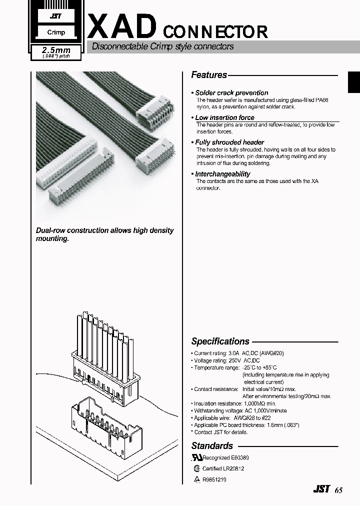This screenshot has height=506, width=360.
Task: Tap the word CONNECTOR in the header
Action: tap(215, 32)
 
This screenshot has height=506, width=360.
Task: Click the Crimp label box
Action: tap(56, 32)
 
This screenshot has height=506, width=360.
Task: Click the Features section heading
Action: tap(209, 75)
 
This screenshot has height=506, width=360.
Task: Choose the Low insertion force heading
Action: tap(224, 117)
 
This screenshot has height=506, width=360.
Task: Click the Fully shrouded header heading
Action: tap(229, 142)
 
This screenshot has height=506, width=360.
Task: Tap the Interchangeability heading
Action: tap(222, 174)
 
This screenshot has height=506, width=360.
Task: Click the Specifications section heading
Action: tap(220, 341)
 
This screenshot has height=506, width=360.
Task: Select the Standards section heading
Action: tap(212, 445)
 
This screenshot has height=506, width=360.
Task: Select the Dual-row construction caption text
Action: tap(104, 234)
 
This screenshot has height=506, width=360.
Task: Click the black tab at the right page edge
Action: tap(354, 81)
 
